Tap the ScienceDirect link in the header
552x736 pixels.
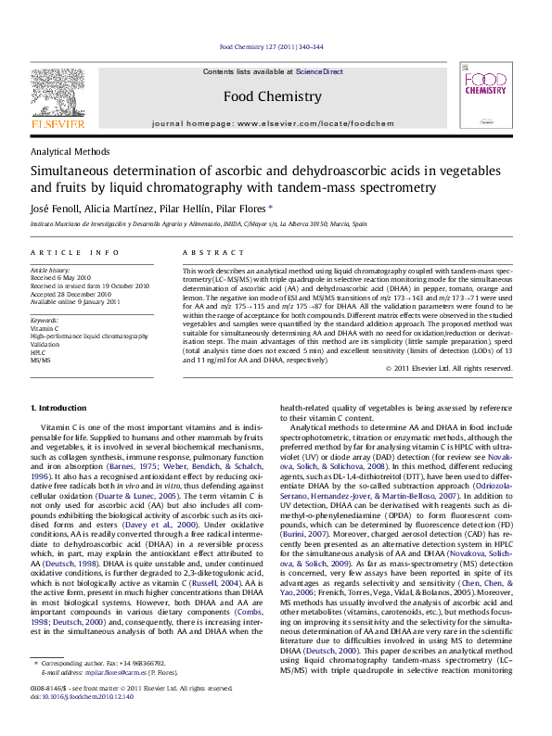[x=319, y=71]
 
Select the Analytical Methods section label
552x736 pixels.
[x=68, y=150]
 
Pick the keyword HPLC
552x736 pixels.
[x=38, y=353]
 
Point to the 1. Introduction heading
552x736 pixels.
[x=60, y=434]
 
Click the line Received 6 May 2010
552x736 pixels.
[x=61, y=277]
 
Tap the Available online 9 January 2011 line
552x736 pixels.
[x=75, y=301]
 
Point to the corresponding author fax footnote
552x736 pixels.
[x=102, y=690]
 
